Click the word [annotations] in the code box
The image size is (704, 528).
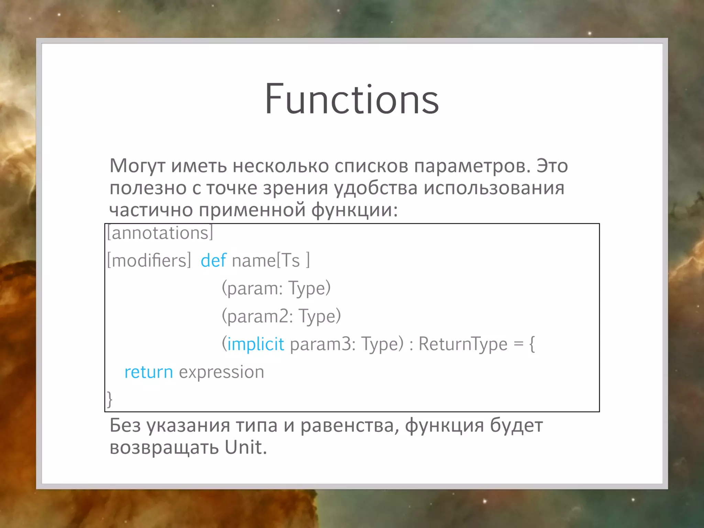coord(160,233)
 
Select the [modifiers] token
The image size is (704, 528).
coord(149,260)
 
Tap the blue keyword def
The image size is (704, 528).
coord(213,260)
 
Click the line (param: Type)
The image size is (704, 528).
coord(276,288)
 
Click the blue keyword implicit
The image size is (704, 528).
coord(256,344)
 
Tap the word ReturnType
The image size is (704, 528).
coord(463,344)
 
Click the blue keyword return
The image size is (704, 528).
coord(148,372)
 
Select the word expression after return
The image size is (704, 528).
coord(221,372)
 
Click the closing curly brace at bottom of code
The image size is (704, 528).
coord(110,399)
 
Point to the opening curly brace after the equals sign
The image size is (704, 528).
coord(532,344)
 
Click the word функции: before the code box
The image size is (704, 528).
coord(354,210)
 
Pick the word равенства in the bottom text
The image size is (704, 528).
coord(350,426)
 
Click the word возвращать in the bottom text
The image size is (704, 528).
coord(164,447)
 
